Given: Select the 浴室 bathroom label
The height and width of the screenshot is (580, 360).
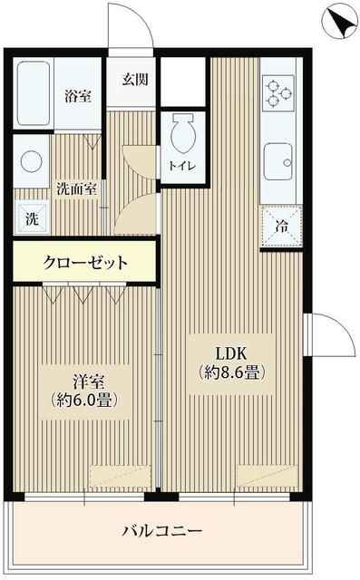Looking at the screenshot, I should click(77, 95).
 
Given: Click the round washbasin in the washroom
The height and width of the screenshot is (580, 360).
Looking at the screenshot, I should click(32, 163).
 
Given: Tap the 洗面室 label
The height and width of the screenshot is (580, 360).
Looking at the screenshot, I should click(75, 190).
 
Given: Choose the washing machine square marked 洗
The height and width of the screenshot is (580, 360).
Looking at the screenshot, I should click(31, 218).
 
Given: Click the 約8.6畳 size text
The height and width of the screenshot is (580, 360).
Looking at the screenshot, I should click(232, 372).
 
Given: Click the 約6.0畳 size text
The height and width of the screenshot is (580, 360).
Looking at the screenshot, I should click(79, 399).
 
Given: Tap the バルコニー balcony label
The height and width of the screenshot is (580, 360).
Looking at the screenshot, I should click(161, 530).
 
